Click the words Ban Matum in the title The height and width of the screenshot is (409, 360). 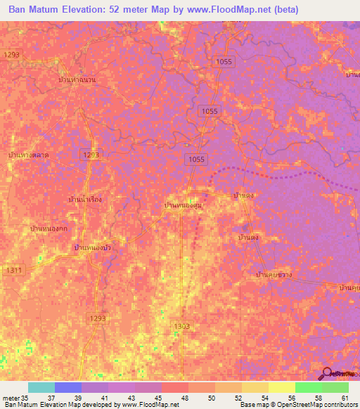pos(35,10)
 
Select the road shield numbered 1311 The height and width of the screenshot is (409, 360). pos(12,270)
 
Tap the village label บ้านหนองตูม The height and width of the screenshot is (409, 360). pos(184,204)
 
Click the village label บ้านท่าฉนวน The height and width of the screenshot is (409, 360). pos(77,80)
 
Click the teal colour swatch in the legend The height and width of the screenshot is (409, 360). pos(41,387)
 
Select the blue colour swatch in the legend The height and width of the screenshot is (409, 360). pos(67,387)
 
